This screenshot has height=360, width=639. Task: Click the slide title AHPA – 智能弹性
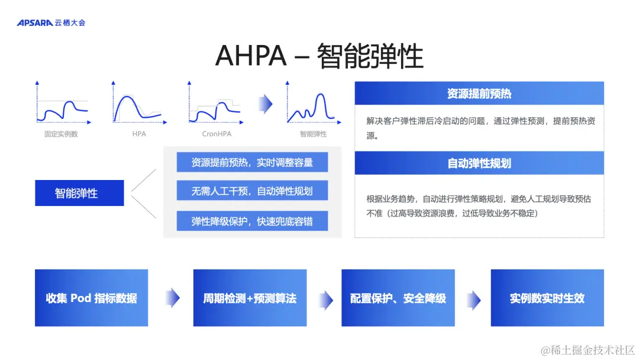coord(319,56)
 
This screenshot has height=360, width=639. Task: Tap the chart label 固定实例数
coord(61,134)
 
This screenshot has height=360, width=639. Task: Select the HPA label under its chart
coord(139,134)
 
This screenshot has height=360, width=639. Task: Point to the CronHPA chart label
coord(217,134)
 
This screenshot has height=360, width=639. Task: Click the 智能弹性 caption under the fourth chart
coord(313,134)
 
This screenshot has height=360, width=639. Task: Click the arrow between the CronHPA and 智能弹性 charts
coord(266,104)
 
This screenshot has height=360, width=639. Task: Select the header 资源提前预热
coord(479,94)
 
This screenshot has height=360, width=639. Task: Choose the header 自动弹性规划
coord(479,163)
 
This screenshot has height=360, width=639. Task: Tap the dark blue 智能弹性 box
coord(79,193)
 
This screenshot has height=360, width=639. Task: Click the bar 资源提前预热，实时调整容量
coord(252,162)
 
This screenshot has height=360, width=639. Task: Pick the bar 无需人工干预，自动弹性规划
coord(252,191)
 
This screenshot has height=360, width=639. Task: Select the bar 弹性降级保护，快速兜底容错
coord(252,221)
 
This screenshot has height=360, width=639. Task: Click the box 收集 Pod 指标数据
coord(91,298)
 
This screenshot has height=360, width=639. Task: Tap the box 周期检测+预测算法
coord(250,298)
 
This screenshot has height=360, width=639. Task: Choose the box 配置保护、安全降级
coord(398,298)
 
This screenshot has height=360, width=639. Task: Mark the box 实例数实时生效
coord(547,298)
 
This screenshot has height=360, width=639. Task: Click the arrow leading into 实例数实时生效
coord(473,298)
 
